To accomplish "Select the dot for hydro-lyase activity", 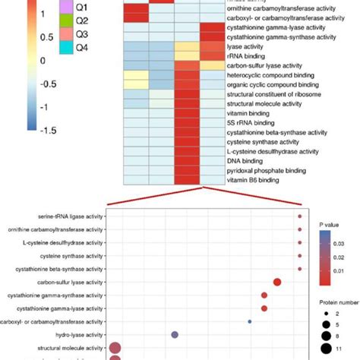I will pos(175,334).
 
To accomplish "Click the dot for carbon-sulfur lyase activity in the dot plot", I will pos(277,283).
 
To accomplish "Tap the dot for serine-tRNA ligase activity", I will pos(300,217).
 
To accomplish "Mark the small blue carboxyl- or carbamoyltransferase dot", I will pos(250,321).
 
